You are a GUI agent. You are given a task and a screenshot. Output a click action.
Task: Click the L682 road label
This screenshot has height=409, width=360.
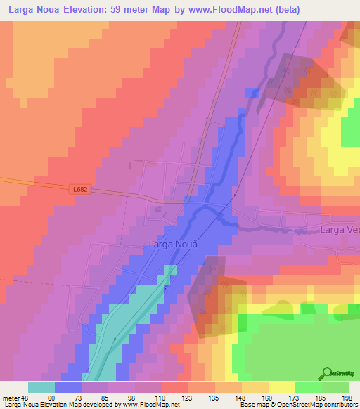[79, 189]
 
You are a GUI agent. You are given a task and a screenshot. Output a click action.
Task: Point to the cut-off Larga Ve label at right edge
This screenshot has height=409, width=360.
[340, 230]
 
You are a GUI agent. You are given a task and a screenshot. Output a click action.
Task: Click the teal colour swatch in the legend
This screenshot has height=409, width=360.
[41, 387]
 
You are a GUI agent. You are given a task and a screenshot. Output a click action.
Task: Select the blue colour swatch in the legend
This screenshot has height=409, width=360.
[68, 387]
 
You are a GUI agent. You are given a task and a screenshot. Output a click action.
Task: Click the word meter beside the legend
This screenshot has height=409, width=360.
[12, 397]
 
